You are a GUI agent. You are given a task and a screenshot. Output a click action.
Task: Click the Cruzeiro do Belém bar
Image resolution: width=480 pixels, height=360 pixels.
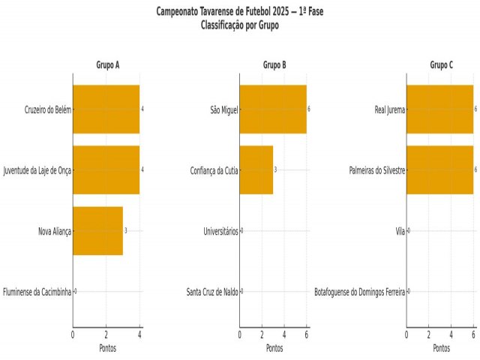[x=106, y=109]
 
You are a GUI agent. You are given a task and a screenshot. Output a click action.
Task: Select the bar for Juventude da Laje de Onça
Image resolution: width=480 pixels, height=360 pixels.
[x=106, y=170]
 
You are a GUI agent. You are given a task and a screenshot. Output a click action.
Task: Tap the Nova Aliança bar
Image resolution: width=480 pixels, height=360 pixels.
[x=97, y=231]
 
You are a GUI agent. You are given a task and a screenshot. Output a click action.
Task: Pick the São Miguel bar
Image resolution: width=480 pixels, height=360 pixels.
[x=273, y=109]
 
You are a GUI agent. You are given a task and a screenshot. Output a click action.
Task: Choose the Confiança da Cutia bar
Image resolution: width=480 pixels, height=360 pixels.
[x=256, y=170]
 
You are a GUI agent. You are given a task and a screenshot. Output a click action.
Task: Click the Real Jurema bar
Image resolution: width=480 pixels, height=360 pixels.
[x=440, y=109]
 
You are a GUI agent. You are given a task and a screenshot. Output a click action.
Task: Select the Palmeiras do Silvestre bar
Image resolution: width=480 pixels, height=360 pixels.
[x=440, y=170]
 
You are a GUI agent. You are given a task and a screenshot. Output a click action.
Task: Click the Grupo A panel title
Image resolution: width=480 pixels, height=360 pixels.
[x=107, y=65]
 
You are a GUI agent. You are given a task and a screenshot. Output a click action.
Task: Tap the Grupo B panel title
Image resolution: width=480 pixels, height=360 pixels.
[x=274, y=65]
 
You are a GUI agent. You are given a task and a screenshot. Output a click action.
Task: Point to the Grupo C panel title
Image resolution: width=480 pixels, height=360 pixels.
[x=441, y=65]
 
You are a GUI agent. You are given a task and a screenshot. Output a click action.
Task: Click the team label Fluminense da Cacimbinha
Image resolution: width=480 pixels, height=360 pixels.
[x=37, y=291]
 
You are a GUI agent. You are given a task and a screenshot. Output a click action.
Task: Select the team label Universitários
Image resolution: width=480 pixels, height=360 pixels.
[x=220, y=231]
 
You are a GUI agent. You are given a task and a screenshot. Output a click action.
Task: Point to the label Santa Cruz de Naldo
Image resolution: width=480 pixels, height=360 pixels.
[x=212, y=291]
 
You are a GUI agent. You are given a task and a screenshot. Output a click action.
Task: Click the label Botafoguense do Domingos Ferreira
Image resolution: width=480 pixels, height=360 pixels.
[x=360, y=291]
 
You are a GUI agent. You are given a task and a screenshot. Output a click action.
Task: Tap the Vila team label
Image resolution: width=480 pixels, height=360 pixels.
[x=400, y=231]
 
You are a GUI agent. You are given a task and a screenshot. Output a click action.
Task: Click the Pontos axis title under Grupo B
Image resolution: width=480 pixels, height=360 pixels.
[x=274, y=348]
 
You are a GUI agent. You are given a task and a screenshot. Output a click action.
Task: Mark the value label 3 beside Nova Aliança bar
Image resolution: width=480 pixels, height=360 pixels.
[x=126, y=231]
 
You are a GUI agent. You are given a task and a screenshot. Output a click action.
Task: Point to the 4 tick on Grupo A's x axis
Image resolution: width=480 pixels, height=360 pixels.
[x=139, y=334]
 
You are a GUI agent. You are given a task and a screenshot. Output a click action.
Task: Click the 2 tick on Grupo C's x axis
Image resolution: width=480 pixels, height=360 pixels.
[x=429, y=334]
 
